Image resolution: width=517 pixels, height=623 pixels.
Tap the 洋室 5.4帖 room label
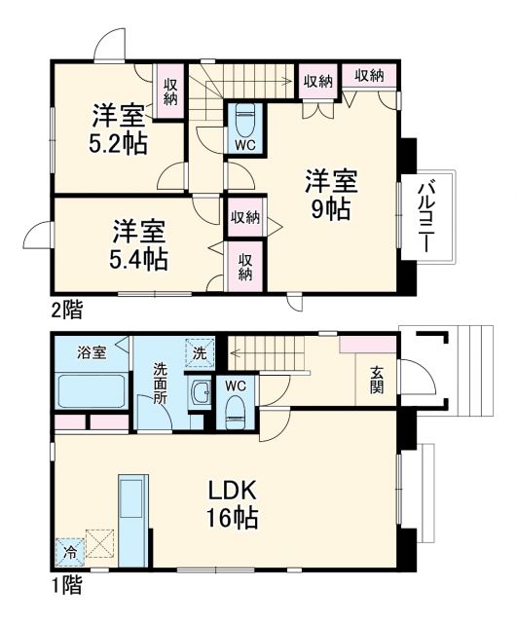click(138, 244)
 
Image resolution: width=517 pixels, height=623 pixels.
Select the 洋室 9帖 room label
click(332, 195)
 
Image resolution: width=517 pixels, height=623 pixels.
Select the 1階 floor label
click(65, 586)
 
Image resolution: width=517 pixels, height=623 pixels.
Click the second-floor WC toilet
click(244, 124)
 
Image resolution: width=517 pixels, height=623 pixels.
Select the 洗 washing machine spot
click(199, 351)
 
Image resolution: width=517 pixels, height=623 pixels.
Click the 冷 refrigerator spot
click(69, 550)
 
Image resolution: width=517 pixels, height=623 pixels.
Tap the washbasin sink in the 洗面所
click(202, 394)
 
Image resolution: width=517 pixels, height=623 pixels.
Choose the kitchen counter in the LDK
click(132, 517)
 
